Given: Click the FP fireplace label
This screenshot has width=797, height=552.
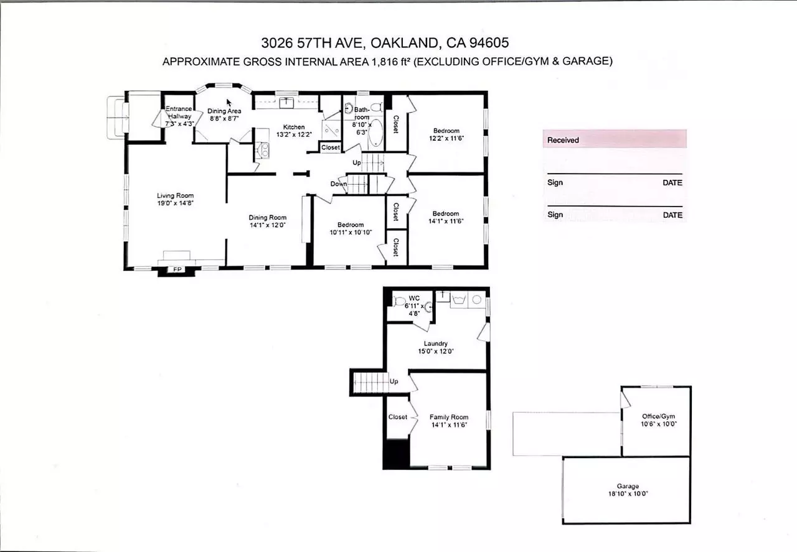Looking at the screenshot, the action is click(x=177, y=269).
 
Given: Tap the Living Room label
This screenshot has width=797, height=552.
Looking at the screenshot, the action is click(x=175, y=195).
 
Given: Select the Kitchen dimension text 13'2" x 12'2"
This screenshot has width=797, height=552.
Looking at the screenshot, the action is click(x=294, y=134).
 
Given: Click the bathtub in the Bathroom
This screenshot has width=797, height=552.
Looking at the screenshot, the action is click(x=375, y=133).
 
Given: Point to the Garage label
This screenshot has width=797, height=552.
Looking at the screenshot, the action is click(x=628, y=486).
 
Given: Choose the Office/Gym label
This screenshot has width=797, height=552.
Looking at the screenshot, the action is click(x=658, y=416).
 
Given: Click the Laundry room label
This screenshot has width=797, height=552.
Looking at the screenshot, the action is click(x=435, y=344).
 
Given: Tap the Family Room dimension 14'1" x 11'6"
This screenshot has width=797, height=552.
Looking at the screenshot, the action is click(x=449, y=424).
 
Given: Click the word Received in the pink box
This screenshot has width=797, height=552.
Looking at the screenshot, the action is click(x=563, y=140).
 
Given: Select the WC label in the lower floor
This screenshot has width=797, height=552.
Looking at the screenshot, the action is click(x=414, y=298).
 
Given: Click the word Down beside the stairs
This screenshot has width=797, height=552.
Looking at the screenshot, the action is click(x=338, y=184).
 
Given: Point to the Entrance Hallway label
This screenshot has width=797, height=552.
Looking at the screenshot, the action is click(x=179, y=113).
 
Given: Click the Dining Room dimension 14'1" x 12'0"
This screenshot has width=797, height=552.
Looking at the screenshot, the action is click(x=268, y=225).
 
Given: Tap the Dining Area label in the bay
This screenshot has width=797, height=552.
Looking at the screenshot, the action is click(x=224, y=111).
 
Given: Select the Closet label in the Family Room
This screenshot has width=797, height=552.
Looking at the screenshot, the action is click(x=397, y=417).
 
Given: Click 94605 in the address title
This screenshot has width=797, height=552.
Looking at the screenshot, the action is click(x=489, y=43).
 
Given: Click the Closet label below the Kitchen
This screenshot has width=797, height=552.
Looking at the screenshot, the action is click(x=330, y=147).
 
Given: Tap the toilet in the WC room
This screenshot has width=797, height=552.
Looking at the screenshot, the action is click(x=400, y=301).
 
